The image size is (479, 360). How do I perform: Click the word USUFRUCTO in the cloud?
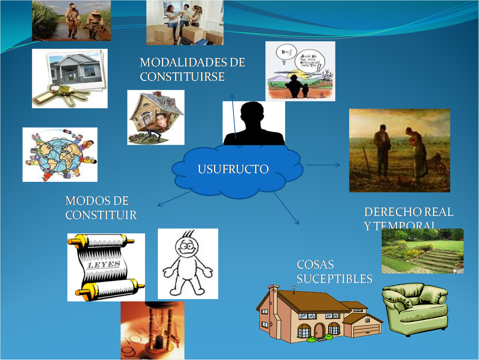pos(233,169)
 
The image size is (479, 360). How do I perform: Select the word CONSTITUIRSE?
pos(182,77)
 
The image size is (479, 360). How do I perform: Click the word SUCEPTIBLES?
pos(334,279)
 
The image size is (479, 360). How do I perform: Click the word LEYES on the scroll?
pos(104,265)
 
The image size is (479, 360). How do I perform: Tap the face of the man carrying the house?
pos(162,121)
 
